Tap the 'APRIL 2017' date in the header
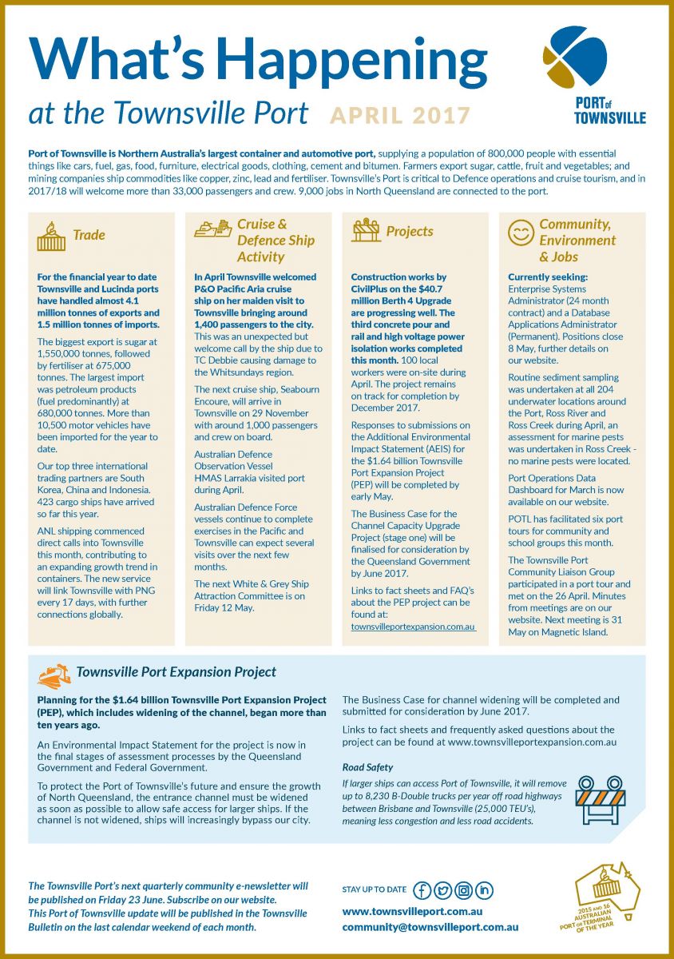coord(400,115)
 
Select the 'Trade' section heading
coord(89,235)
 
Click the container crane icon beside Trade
coord(51,236)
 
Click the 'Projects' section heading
coord(410,231)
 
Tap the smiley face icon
coord(521,233)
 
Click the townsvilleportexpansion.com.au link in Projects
coord(413,627)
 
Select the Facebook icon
coord(422,890)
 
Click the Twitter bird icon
coord(442,890)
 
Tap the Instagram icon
coord(463,890)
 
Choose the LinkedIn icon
coord(485,890)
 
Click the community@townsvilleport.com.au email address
coord(430,927)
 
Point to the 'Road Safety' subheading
coord(367,767)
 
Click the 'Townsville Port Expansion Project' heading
coord(176,672)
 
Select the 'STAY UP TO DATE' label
coord(374,889)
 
